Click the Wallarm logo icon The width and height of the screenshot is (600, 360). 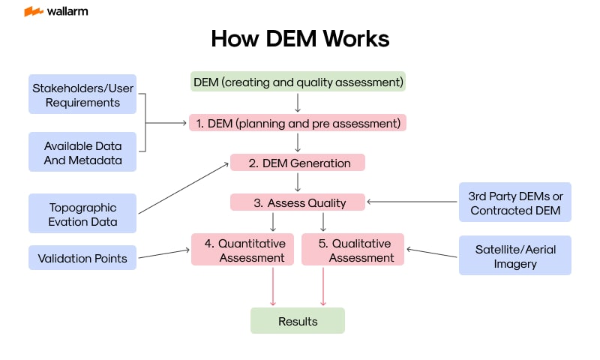(x=33, y=12)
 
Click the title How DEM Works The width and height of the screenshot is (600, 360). (x=300, y=39)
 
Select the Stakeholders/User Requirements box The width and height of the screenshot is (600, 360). (x=82, y=94)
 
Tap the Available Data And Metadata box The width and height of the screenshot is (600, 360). (x=82, y=152)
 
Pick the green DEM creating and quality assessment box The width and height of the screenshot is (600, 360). (x=298, y=81)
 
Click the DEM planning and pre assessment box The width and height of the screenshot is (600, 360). (x=298, y=122)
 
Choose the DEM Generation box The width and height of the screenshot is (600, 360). (x=298, y=163)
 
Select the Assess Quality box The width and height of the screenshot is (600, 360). (x=298, y=202)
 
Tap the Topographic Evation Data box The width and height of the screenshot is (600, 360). (x=82, y=214)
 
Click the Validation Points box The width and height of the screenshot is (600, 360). (x=82, y=259)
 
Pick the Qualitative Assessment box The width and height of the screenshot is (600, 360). (x=352, y=250)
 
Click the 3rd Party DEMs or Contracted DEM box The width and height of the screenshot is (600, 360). (x=514, y=202)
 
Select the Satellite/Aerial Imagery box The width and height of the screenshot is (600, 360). (x=514, y=255)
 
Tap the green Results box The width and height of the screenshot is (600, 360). (x=298, y=321)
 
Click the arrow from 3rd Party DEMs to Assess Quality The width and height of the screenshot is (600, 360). (x=412, y=202)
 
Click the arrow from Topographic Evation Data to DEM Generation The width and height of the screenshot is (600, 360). (x=184, y=189)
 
